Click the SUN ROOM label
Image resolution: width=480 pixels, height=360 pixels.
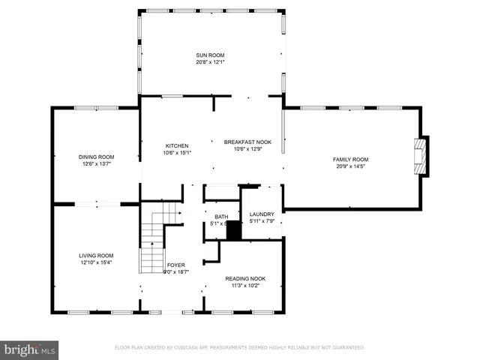[x=210, y=55]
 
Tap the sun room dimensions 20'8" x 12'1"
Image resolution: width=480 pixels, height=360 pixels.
[x=210, y=62]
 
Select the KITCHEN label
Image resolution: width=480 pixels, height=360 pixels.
[x=177, y=145]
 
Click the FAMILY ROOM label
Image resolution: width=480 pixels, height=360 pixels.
[x=351, y=159]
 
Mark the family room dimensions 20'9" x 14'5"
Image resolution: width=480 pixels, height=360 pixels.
[x=351, y=166]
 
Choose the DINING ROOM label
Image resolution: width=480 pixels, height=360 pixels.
[x=95, y=157]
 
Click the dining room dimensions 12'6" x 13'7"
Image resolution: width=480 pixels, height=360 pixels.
[x=95, y=164]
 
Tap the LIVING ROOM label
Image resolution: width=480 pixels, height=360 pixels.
[x=96, y=255]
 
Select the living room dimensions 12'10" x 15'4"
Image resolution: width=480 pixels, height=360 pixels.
[x=96, y=262]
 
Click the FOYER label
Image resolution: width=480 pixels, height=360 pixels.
[x=176, y=265]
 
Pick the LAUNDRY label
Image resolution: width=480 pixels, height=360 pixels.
[x=262, y=214]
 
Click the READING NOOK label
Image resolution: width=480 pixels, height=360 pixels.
[x=245, y=278]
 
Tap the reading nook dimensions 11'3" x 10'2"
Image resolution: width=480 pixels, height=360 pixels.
[x=245, y=286]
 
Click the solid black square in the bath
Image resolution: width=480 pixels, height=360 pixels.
[x=234, y=231]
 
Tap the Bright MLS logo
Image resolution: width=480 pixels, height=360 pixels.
[x=30, y=349]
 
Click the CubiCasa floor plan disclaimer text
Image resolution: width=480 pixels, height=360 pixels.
[x=239, y=348]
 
